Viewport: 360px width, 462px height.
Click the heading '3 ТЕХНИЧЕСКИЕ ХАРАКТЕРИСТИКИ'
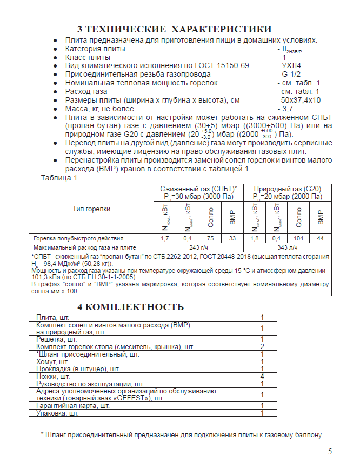(174, 29)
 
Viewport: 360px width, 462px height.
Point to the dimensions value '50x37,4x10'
(301, 100)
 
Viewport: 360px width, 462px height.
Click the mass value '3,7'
(289, 109)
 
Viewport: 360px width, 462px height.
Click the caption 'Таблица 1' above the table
(59, 177)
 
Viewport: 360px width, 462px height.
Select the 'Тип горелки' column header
(91, 209)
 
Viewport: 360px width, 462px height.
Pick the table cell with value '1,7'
(165, 238)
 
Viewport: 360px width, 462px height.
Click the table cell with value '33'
(232, 238)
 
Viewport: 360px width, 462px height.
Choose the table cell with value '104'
(298, 238)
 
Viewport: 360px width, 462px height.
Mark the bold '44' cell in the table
(321, 238)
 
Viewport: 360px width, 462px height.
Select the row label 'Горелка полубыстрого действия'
(78, 238)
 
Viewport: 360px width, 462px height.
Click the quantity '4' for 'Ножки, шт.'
(262, 376)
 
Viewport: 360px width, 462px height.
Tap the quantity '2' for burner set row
(262, 346)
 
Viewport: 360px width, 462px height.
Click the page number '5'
(330, 452)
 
